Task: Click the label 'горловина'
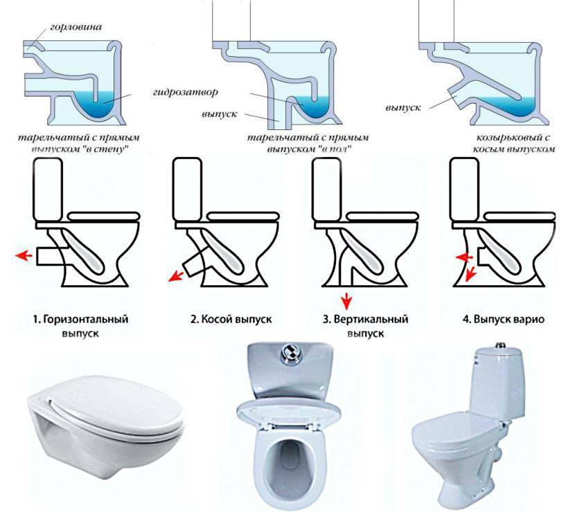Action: tap(76, 27)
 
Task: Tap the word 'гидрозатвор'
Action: tap(185, 92)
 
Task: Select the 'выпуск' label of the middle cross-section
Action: tap(220, 114)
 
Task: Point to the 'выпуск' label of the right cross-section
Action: tap(403, 108)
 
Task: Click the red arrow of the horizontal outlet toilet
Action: tap(23, 255)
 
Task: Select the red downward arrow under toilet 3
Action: tap(346, 302)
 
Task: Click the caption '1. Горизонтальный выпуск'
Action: tap(80, 326)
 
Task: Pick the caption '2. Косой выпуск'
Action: tap(231, 320)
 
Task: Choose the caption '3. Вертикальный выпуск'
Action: tap(366, 326)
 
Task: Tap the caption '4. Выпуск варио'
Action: tap(504, 320)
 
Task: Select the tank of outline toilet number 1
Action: tap(48, 190)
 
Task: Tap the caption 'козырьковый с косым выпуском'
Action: tap(513, 143)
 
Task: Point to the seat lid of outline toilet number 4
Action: tap(520, 216)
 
